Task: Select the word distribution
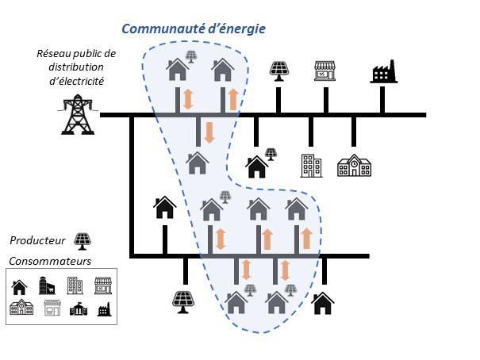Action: [76, 67]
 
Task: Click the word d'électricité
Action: [76, 81]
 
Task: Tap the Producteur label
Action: [37, 240]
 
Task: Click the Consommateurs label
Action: [50, 261]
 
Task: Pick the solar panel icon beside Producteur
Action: [83, 241]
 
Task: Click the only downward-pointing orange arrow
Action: [209, 132]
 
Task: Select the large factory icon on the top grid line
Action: [383, 71]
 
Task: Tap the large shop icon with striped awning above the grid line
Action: [324, 71]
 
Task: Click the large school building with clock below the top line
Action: [354, 166]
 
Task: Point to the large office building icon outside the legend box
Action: [311, 166]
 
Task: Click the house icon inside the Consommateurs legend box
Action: [19, 287]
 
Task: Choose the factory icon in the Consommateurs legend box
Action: [105, 309]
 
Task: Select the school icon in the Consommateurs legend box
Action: [21, 307]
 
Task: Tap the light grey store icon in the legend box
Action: [52, 308]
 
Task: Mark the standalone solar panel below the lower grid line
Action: [183, 302]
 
